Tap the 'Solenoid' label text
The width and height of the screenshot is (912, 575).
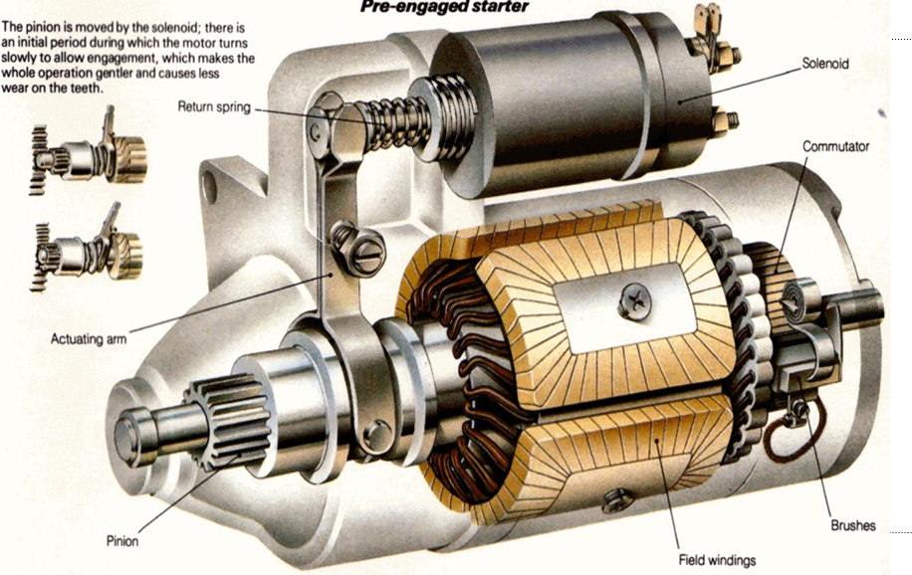tap(825, 63)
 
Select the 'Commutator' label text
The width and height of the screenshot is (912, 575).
tap(835, 146)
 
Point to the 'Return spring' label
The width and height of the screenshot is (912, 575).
tap(215, 105)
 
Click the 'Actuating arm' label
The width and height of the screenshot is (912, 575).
tap(90, 340)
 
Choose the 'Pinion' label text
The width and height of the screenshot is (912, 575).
tap(122, 542)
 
